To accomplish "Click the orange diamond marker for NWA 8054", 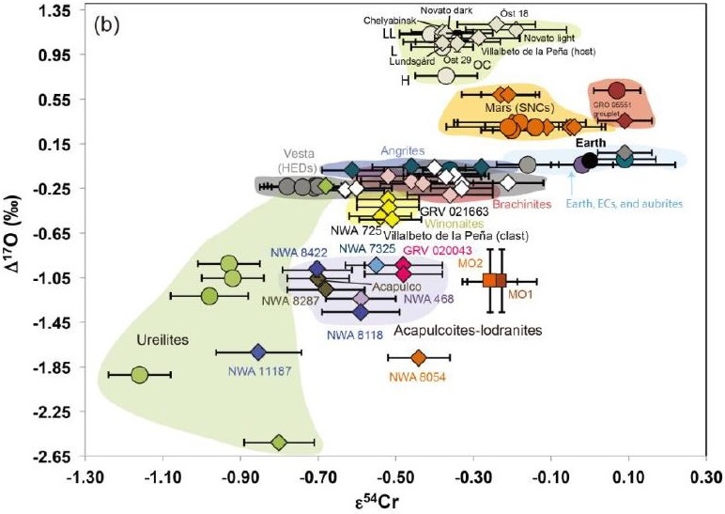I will point(419,357).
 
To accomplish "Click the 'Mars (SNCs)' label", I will point(511,108).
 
